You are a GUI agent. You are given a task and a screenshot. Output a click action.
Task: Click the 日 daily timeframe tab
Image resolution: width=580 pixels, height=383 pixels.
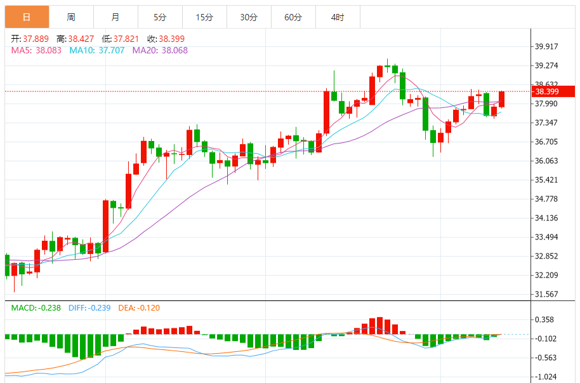click(26, 17)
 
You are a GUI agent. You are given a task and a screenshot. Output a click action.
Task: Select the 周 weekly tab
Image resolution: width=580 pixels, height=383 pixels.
click(71, 17)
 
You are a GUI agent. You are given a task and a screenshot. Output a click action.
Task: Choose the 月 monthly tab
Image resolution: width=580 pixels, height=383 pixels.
click(115, 17)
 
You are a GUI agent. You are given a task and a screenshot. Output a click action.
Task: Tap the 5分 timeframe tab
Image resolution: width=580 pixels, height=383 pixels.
click(160, 17)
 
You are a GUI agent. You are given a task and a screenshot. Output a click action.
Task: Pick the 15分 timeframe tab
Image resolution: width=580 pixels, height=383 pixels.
click(204, 17)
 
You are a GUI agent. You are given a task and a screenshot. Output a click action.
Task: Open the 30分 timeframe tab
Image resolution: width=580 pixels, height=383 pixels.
click(249, 17)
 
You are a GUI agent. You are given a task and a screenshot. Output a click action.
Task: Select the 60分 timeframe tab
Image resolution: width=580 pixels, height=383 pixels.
click(293, 17)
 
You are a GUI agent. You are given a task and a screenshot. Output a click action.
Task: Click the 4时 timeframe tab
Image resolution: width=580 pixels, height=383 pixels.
click(338, 17)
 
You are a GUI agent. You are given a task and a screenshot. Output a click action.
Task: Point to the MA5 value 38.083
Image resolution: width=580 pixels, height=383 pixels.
click(48, 50)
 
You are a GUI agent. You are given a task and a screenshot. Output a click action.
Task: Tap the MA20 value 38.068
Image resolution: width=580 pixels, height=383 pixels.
click(175, 50)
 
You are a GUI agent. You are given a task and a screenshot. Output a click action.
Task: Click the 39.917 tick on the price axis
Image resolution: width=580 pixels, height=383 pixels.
click(547, 46)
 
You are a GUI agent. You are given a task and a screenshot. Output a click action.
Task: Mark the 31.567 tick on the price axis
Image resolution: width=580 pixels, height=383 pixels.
click(547, 294)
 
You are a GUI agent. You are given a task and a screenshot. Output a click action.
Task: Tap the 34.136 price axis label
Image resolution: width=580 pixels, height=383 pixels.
click(547, 218)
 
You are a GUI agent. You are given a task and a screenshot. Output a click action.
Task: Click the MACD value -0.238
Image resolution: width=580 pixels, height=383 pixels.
click(48, 308)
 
